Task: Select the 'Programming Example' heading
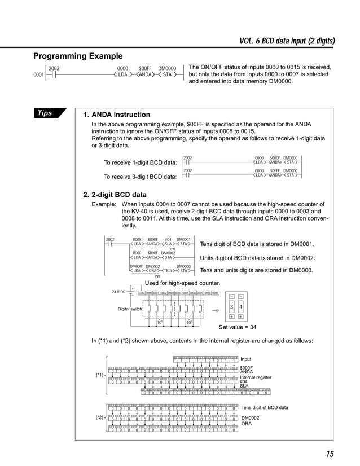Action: pyautogui.click(x=78, y=56)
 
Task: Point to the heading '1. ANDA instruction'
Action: pyautogui.click(x=117, y=115)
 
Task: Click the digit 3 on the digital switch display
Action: pyautogui.click(x=231, y=307)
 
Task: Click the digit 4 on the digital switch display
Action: pyautogui.click(x=241, y=307)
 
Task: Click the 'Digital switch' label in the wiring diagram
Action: pyautogui.click(x=130, y=309)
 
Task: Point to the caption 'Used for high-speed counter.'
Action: pyautogui.click(x=182, y=283)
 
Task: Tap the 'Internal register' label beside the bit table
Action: pyautogui.click(x=256, y=377)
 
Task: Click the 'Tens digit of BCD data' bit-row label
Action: pyautogui.click(x=264, y=407)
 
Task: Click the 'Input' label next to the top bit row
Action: pyautogui.click(x=246, y=359)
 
